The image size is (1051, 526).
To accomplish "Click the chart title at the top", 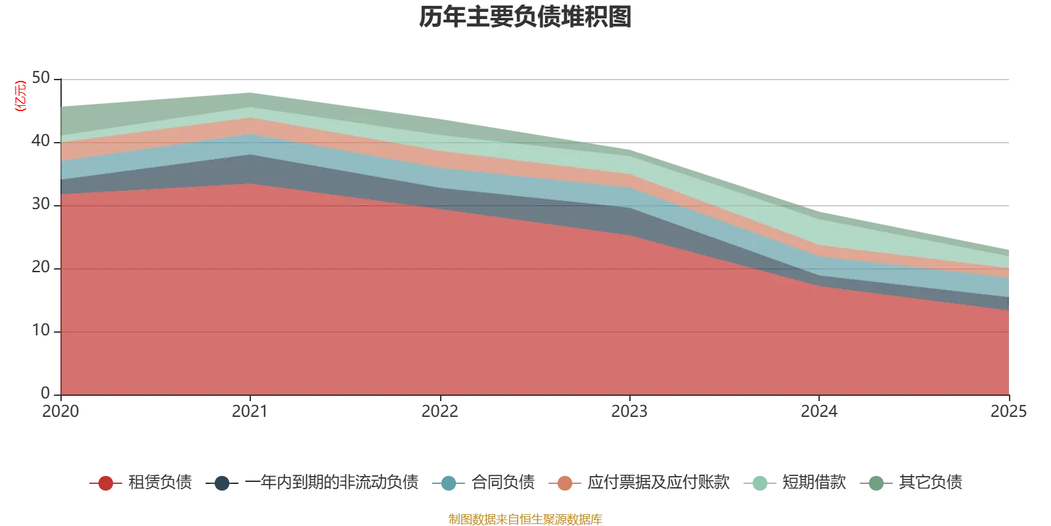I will pyautogui.click(x=525, y=19).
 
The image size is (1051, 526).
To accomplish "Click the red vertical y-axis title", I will pyautogui.click(x=20, y=97).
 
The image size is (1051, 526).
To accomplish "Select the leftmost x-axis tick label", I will pyautogui.click(x=60, y=412).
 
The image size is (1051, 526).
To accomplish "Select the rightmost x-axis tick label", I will pyautogui.click(x=1009, y=412).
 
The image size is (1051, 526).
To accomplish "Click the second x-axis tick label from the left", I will pyautogui.click(x=250, y=412).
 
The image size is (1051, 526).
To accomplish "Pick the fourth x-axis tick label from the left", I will pyautogui.click(x=629, y=412).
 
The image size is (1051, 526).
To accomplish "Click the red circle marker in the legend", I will pyautogui.click(x=105, y=484).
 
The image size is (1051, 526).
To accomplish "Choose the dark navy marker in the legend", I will pyautogui.click(x=223, y=484).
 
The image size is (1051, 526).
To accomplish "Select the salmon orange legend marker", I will pyautogui.click(x=565, y=484).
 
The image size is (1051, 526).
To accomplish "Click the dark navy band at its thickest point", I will pyautogui.click(x=250, y=168).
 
